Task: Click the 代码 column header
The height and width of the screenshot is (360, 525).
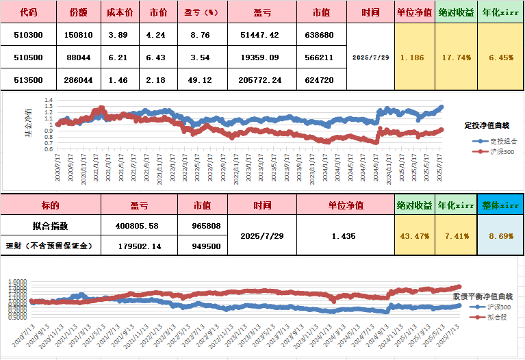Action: tap(28, 12)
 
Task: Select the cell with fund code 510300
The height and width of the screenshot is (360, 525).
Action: tap(28, 35)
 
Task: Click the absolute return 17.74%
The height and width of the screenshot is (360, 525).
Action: tap(457, 57)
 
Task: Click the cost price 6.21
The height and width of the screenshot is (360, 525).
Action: tap(117, 57)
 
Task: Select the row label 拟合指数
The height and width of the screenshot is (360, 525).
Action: tap(50, 225)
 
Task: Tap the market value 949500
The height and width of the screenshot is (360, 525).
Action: tap(202, 246)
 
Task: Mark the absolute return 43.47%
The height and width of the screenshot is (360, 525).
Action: tap(415, 235)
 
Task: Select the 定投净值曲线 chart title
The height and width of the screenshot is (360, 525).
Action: tap(487, 125)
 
